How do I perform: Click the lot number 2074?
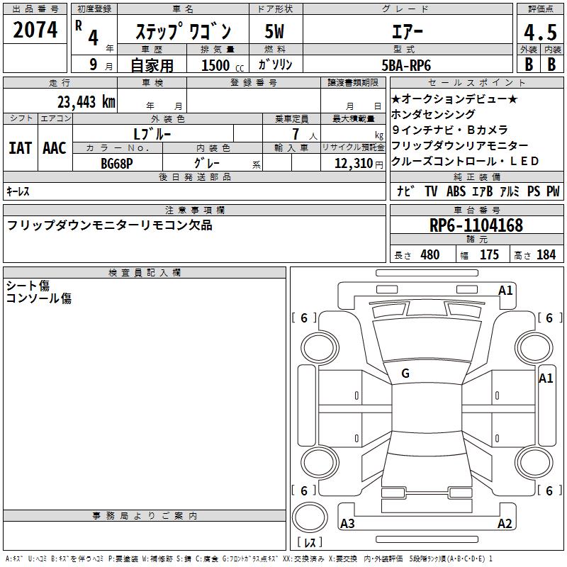point(35,30)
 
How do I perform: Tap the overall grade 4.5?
point(540,32)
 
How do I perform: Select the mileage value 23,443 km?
point(86,102)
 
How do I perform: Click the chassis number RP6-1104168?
point(476,225)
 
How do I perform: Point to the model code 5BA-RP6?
point(406,65)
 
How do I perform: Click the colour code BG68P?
point(116,164)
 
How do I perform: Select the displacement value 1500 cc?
point(223,65)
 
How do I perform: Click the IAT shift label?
point(21,148)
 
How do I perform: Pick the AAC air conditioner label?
point(55,148)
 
